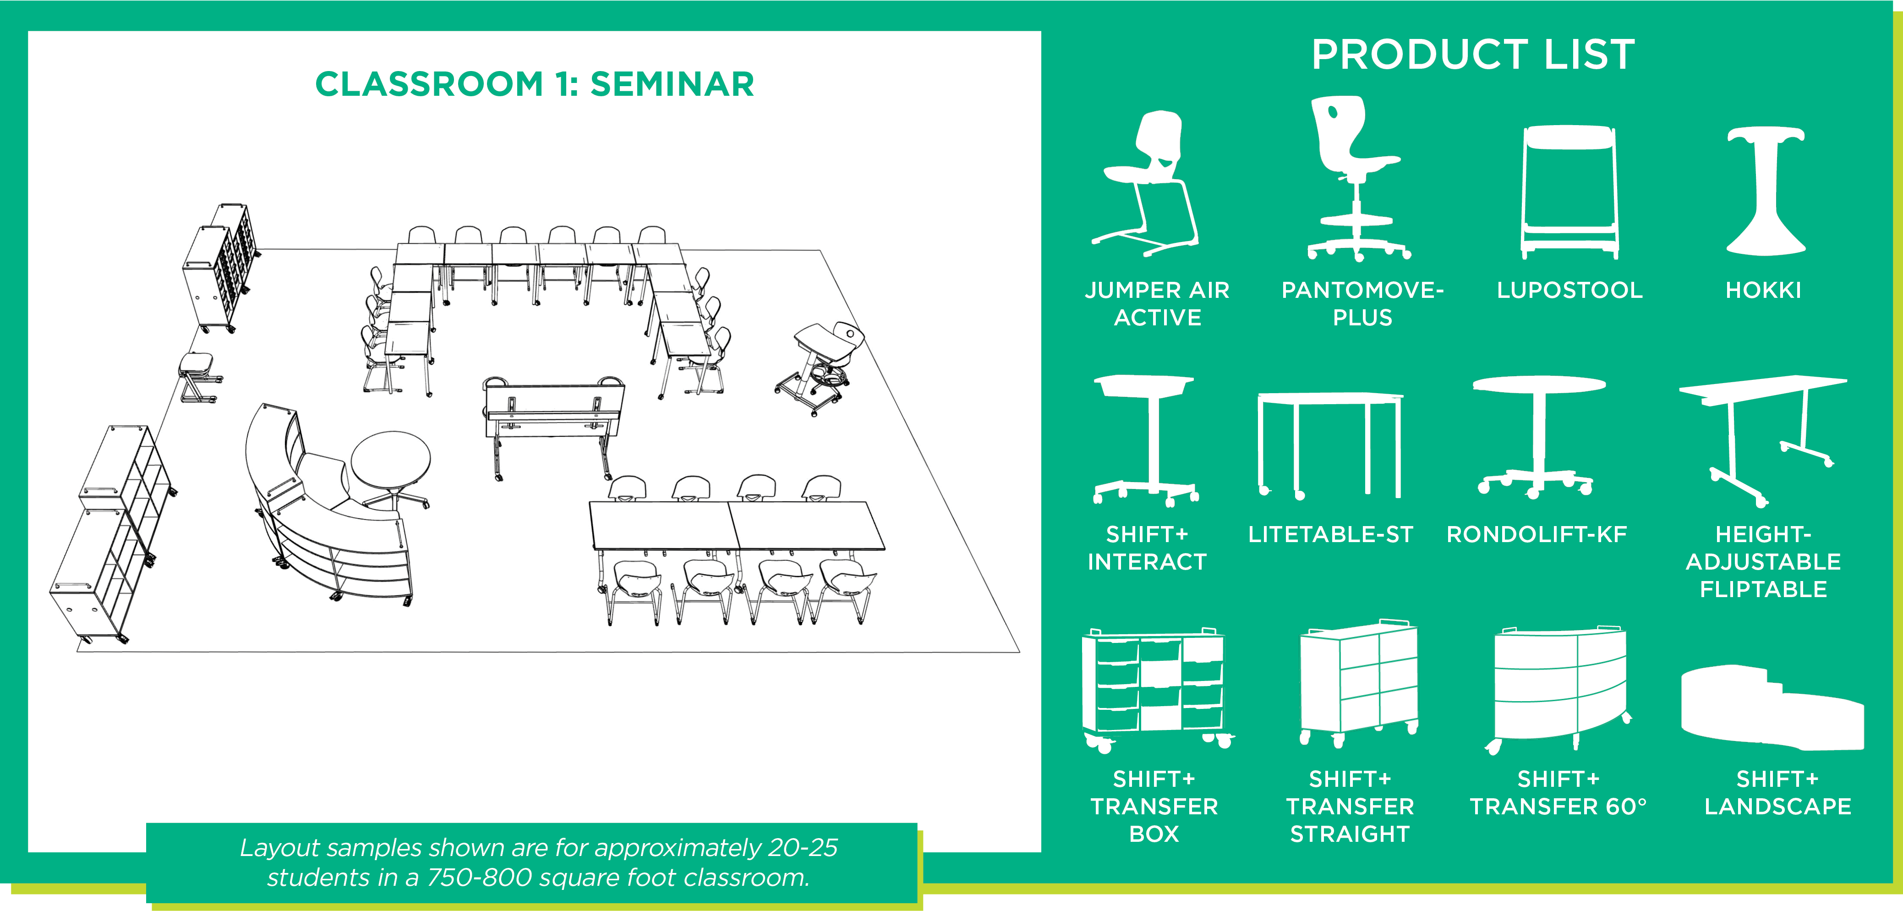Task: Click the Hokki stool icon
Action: [x=1765, y=192]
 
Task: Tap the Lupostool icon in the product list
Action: [x=1569, y=192]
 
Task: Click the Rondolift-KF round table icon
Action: [x=1538, y=436]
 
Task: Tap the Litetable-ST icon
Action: [x=1330, y=443]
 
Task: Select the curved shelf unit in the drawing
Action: [x=325, y=517]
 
